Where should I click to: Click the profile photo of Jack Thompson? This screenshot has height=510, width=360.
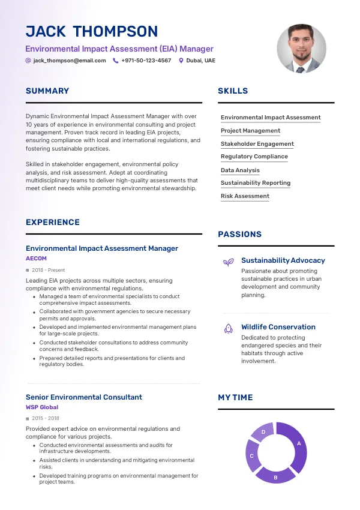click(301, 49)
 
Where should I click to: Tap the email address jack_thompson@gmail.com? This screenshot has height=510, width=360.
click(70, 61)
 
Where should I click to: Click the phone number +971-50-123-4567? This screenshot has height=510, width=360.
click(146, 61)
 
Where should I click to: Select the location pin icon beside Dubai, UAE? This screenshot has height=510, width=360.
click(181, 61)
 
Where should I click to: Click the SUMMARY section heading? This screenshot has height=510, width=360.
click(47, 91)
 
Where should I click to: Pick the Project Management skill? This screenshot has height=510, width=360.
click(250, 131)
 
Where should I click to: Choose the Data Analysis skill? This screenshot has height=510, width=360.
click(240, 170)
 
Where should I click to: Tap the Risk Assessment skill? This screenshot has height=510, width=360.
click(245, 196)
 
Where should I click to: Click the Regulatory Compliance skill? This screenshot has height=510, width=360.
click(254, 157)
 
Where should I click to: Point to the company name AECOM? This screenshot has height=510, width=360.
click(36, 258)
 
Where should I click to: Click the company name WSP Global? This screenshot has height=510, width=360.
click(42, 407)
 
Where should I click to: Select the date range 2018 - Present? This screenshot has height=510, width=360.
click(48, 271)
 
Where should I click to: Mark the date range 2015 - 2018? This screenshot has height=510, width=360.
click(46, 418)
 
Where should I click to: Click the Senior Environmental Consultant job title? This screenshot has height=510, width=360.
click(84, 397)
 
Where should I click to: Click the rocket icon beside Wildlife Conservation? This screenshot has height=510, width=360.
click(228, 328)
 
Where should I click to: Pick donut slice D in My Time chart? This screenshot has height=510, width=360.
click(263, 432)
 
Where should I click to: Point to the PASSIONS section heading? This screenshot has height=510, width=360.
click(240, 235)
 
